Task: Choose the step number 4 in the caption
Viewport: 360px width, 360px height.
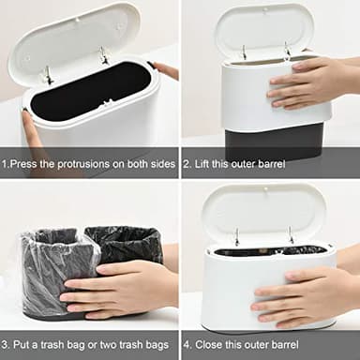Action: pos(188,345)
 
